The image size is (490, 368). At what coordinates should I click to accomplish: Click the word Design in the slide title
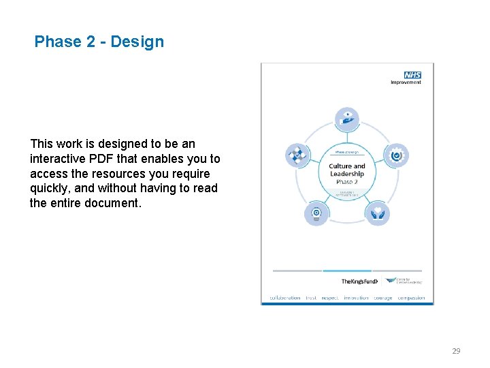[137, 42]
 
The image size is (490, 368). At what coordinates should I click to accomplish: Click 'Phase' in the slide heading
[57, 42]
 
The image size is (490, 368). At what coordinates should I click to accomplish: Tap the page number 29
[456, 351]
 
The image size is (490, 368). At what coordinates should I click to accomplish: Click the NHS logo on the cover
[412, 75]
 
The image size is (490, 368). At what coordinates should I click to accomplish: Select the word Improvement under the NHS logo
[406, 82]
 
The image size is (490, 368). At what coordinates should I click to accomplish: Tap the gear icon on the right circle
[396, 155]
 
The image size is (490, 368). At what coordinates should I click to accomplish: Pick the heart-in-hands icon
[377, 213]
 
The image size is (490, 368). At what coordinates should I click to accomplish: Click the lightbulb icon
[316, 213]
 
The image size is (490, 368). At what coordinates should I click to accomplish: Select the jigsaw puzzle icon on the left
[297, 155]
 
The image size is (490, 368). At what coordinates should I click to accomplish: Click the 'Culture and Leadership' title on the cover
[347, 170]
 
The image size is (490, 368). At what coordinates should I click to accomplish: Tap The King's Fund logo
[359, 281]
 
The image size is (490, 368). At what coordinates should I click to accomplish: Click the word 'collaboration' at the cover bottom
[284, 298]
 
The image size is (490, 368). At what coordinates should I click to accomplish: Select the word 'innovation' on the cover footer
[356, 298]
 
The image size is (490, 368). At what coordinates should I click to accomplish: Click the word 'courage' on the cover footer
[383, 298]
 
